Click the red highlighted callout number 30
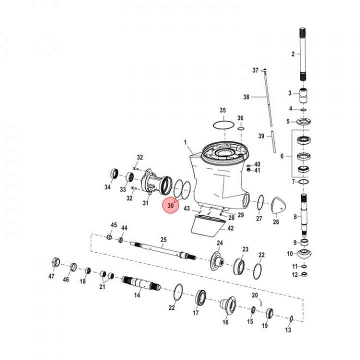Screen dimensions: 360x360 tap(170, 205)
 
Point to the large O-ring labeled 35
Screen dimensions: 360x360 tap(223, 124)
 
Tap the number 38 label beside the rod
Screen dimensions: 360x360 tap(246, 96)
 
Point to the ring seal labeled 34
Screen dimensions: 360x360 tap(114, 175)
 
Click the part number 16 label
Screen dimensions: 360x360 tap(225, 321)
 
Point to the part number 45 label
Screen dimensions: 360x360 tap(114, 225)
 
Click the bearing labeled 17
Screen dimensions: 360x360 tap(201, 298)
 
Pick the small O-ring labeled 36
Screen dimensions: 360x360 tap(240, 128)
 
